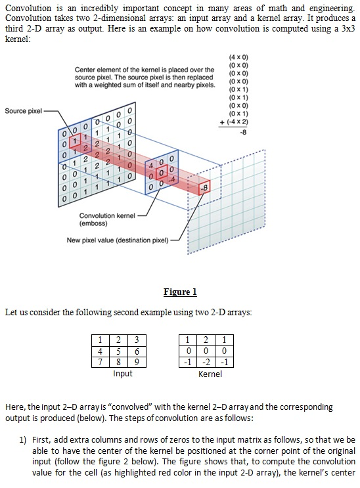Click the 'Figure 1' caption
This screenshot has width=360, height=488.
(x=179, y=292)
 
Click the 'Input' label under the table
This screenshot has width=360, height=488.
(x=122, y=374)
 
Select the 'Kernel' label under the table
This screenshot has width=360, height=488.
(x=210, y=374)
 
